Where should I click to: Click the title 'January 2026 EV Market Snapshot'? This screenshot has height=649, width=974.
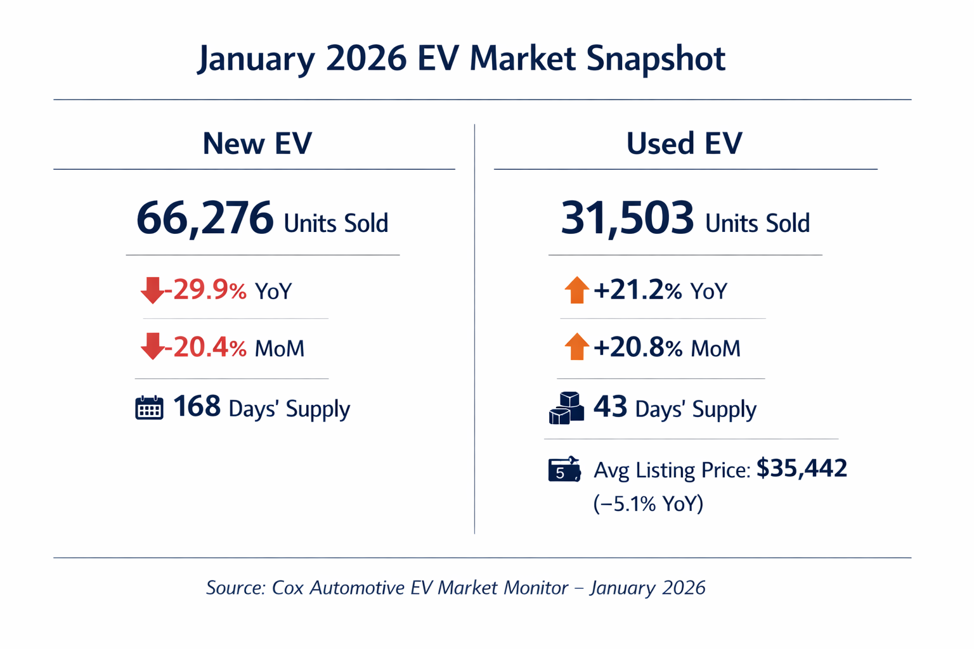coord(461,58)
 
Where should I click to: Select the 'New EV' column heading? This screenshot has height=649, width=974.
coord(257,143)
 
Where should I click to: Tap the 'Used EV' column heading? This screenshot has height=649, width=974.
coord(684,143)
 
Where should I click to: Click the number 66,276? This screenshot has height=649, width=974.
coord(204,219)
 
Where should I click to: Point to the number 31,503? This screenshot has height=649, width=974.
coord(627,219)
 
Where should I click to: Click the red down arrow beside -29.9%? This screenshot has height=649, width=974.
coord(152,290)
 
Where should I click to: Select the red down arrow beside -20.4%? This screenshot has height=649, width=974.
coord(152,347)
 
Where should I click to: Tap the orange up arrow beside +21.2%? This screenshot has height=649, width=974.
coord(576,290)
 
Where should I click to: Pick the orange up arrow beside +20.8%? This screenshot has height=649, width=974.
coord(576,347)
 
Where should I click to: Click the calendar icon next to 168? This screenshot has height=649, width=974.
coord(149,408)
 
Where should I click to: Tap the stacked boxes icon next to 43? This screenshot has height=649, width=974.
coord(566,408)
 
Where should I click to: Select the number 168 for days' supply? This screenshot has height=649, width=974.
coord(197,407)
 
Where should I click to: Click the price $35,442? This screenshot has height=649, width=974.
coord(802,468)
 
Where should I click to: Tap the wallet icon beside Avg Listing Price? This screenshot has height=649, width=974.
coord(564,470)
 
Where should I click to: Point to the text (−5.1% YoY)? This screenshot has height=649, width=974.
coord(648,504)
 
